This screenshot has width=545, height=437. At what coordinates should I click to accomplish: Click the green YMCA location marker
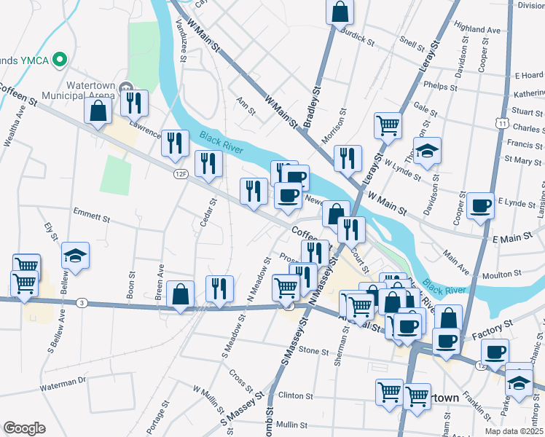tap(61, 60)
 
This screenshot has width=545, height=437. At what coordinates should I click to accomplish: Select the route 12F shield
tap(181, 174)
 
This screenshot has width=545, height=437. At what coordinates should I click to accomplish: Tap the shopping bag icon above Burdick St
tap(340, 12)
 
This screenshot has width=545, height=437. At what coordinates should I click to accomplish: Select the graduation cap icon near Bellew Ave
tap(76, 256)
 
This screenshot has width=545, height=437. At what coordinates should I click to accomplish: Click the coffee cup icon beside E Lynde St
tap(480, 206)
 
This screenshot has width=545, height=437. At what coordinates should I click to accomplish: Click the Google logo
tap(24, 428)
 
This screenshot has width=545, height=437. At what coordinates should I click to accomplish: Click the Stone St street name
tap(313, 351)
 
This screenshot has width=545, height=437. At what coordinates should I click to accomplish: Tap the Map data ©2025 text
tap(513, 431)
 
